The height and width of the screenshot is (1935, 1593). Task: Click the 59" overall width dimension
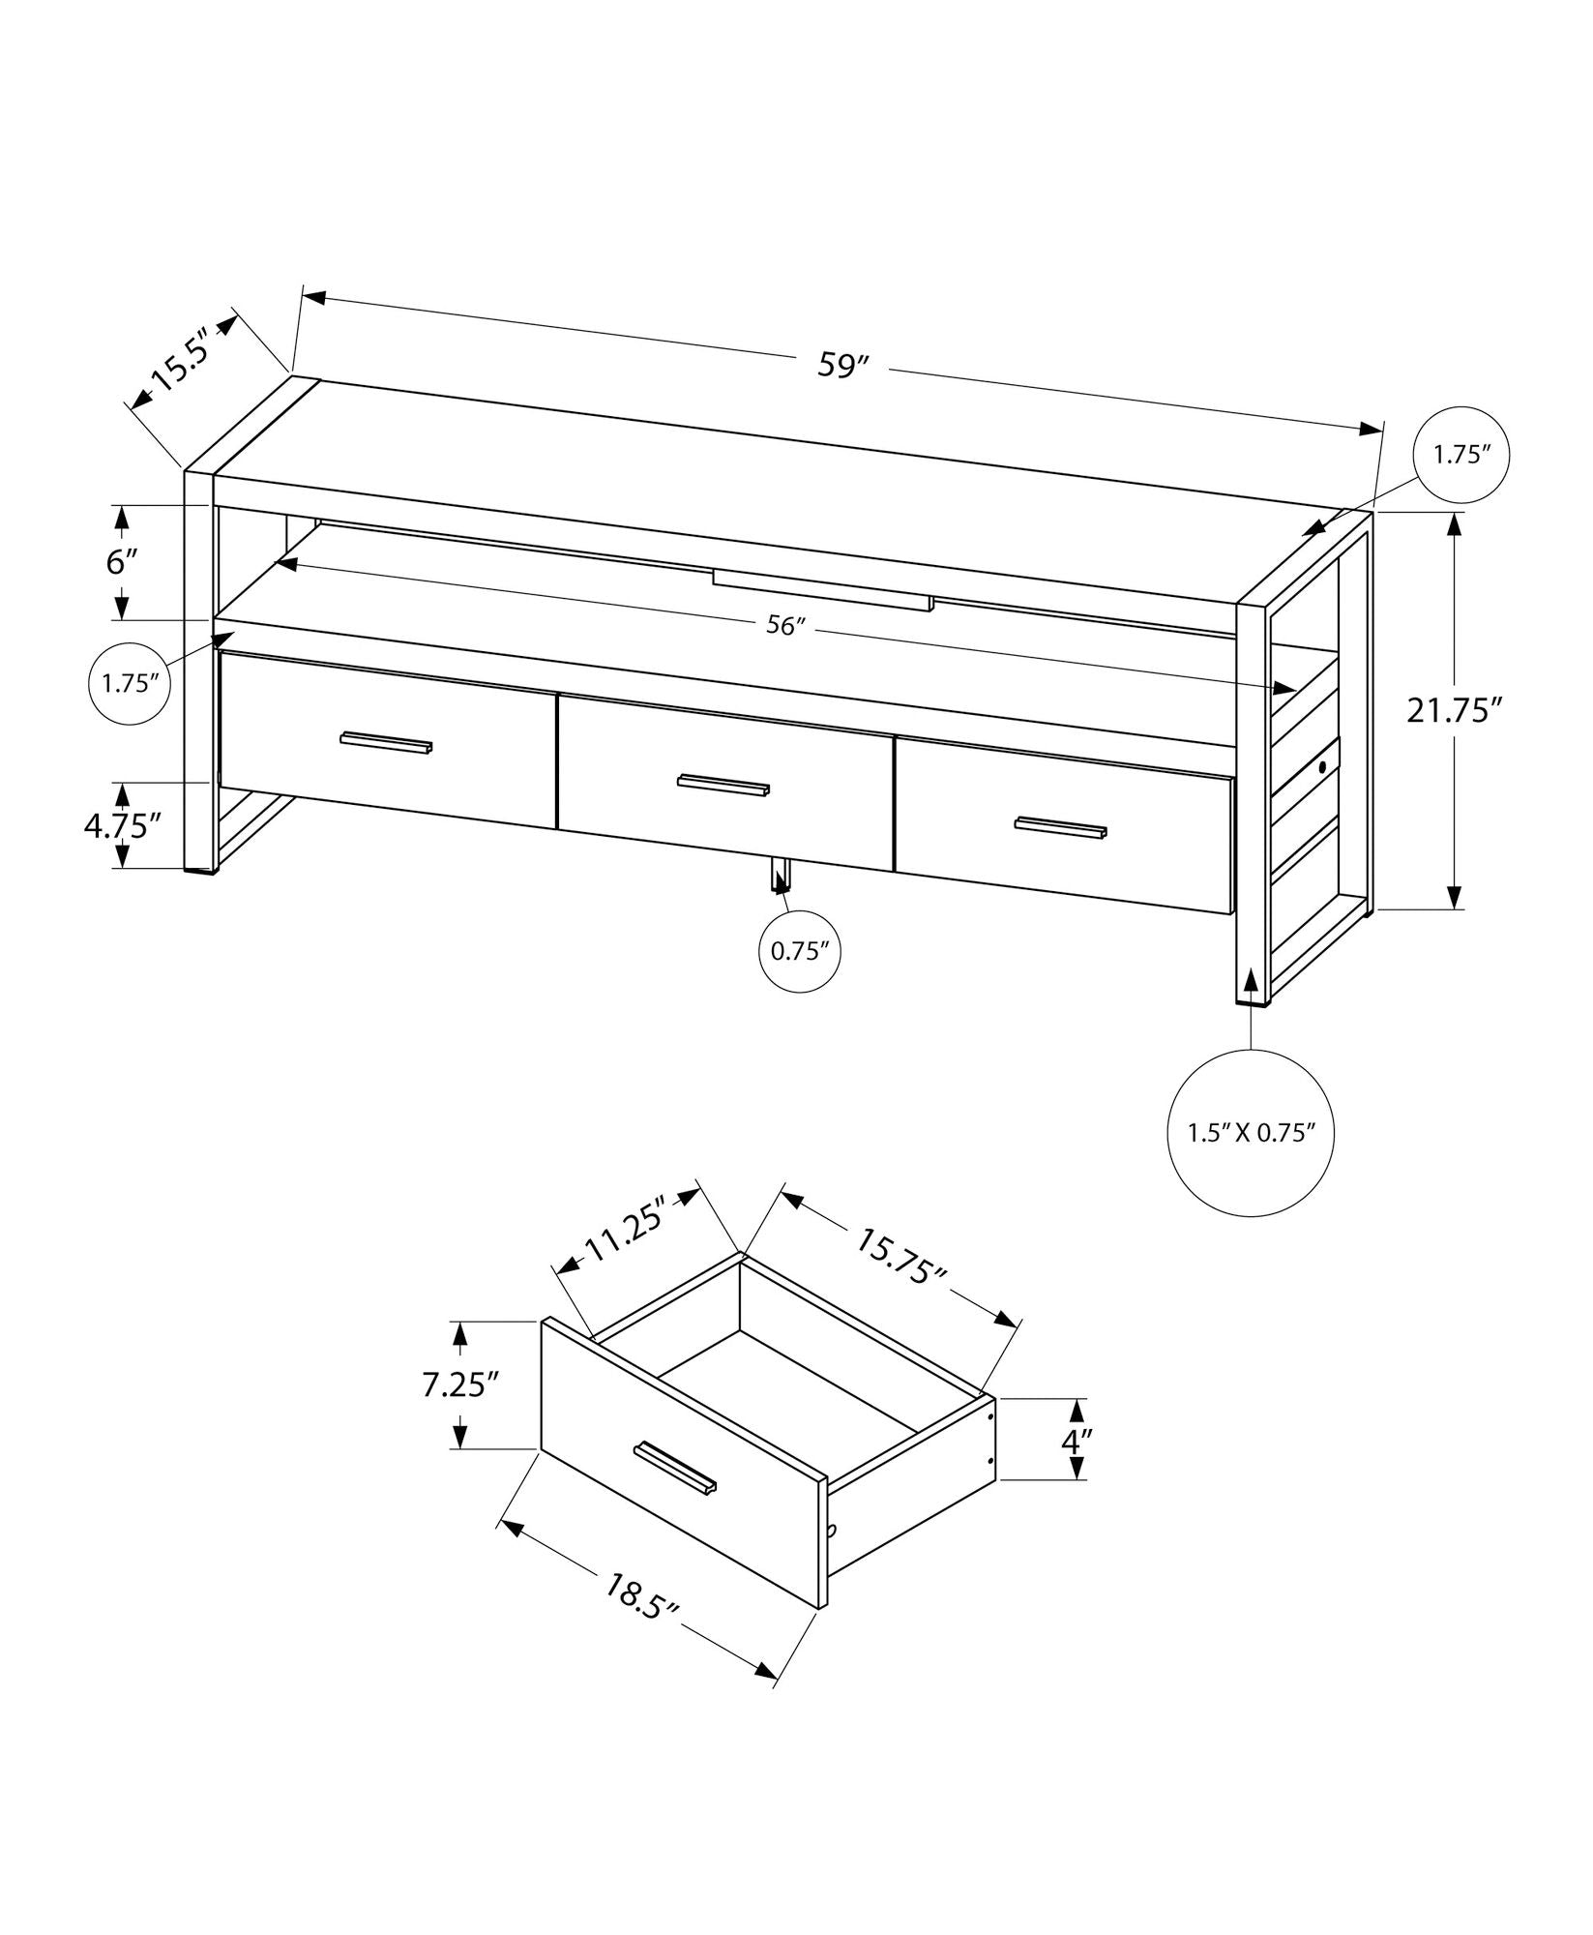click(844, 367)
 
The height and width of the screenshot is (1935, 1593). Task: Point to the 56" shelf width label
click(785, 626)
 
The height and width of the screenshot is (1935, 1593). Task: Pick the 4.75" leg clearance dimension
click(122, 825)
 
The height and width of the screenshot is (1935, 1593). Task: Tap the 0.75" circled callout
click(800, 951)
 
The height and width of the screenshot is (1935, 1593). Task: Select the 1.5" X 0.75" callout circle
click(1253, 1133)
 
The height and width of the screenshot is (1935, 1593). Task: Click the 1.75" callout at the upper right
click(1461, 455)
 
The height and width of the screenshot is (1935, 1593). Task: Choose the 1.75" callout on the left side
click(131, 682)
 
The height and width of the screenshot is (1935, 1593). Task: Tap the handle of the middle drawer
click(723, 785)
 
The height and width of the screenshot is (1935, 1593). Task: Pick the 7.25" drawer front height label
click(459, 1385)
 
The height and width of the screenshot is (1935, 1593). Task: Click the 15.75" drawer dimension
click(900, 1255)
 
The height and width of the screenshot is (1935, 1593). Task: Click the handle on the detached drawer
click(675, 1495)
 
